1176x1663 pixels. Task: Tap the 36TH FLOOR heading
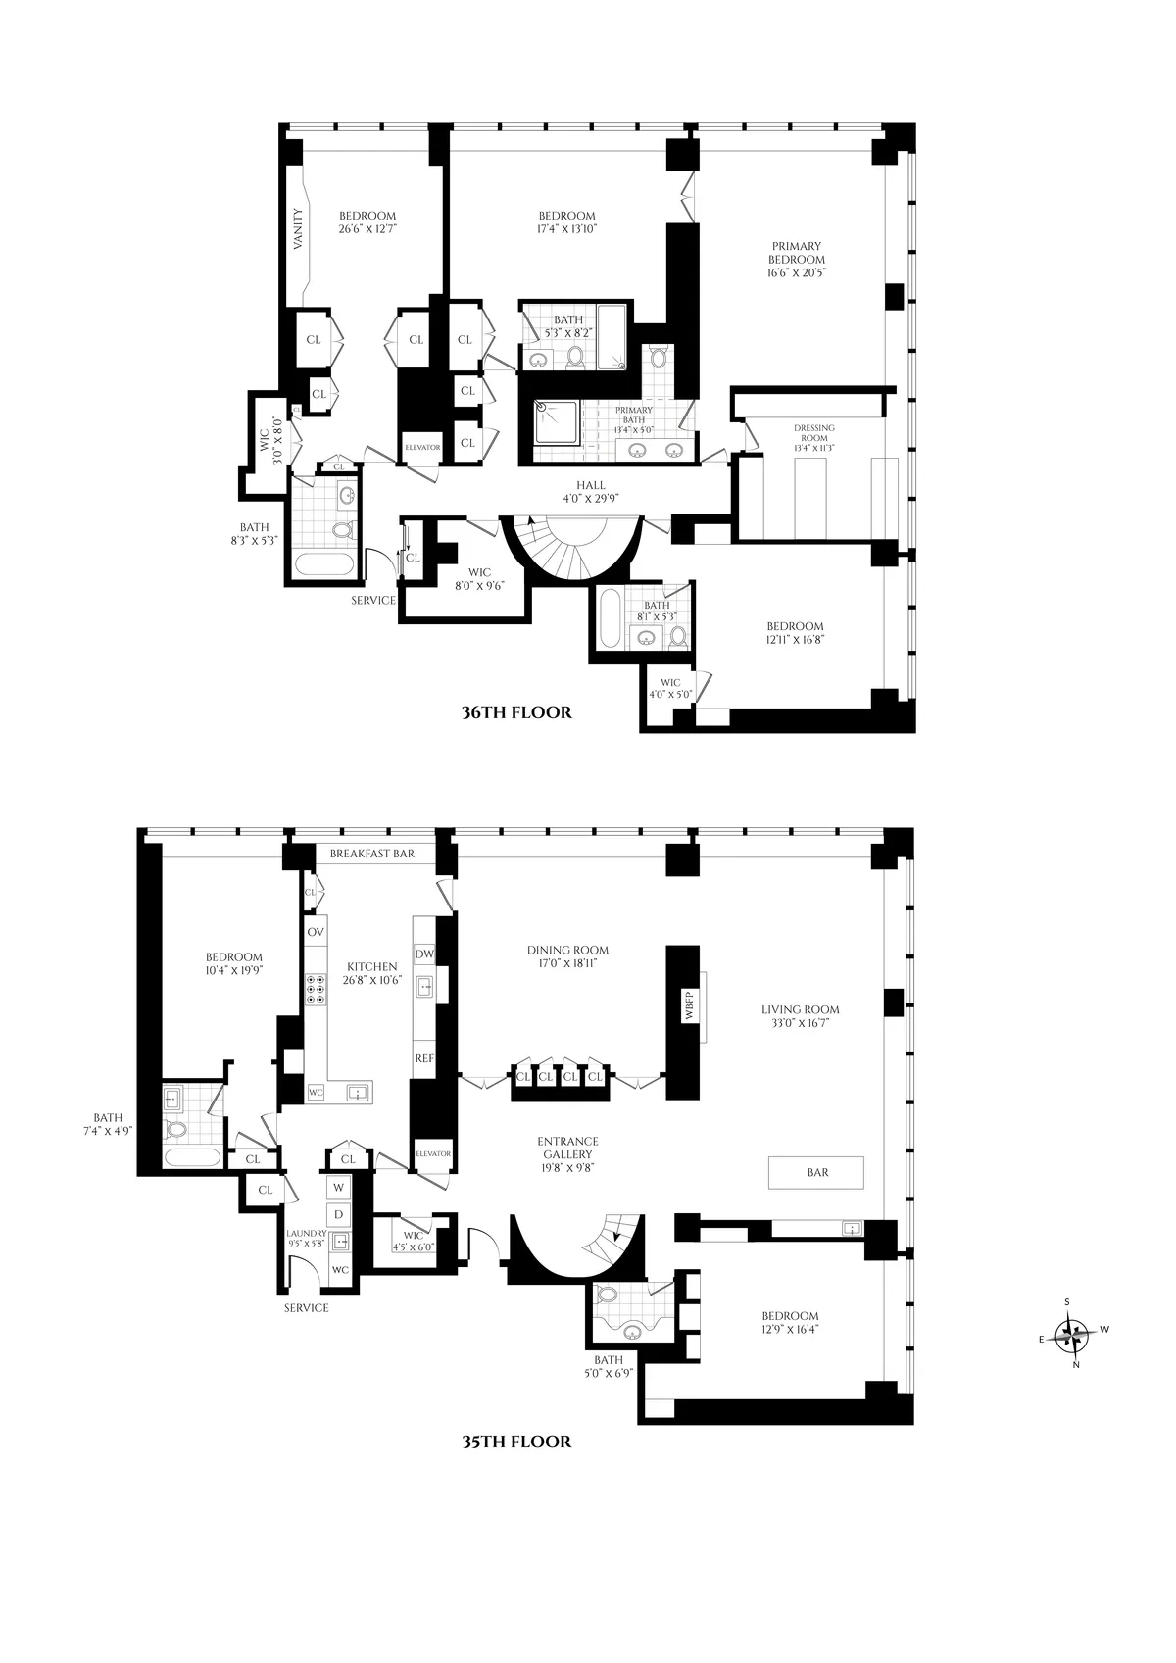pos(516,712)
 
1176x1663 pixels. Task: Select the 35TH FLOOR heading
pos(516,1442)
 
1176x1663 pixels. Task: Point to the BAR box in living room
pos(817,1172)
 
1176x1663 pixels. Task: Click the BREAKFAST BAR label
pos(371,854)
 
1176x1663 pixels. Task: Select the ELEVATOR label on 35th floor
pos(432,1153)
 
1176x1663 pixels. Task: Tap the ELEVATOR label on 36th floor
pos(422,447)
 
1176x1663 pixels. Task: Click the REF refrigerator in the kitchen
pos(423,1058)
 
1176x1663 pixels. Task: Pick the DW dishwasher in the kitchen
pos(423,954)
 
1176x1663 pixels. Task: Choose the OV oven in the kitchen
pos(316,931)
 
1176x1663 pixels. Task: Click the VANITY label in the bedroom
pos(301,227)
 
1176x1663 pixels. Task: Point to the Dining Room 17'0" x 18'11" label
pos(567,956)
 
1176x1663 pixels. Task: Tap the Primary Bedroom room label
pos(797,260)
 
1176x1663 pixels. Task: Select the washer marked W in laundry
pos(339,1187)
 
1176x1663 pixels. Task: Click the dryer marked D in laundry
pos(339,1214)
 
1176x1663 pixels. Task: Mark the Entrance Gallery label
pos(567,1153)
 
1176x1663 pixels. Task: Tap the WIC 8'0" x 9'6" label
pos(479,579)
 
